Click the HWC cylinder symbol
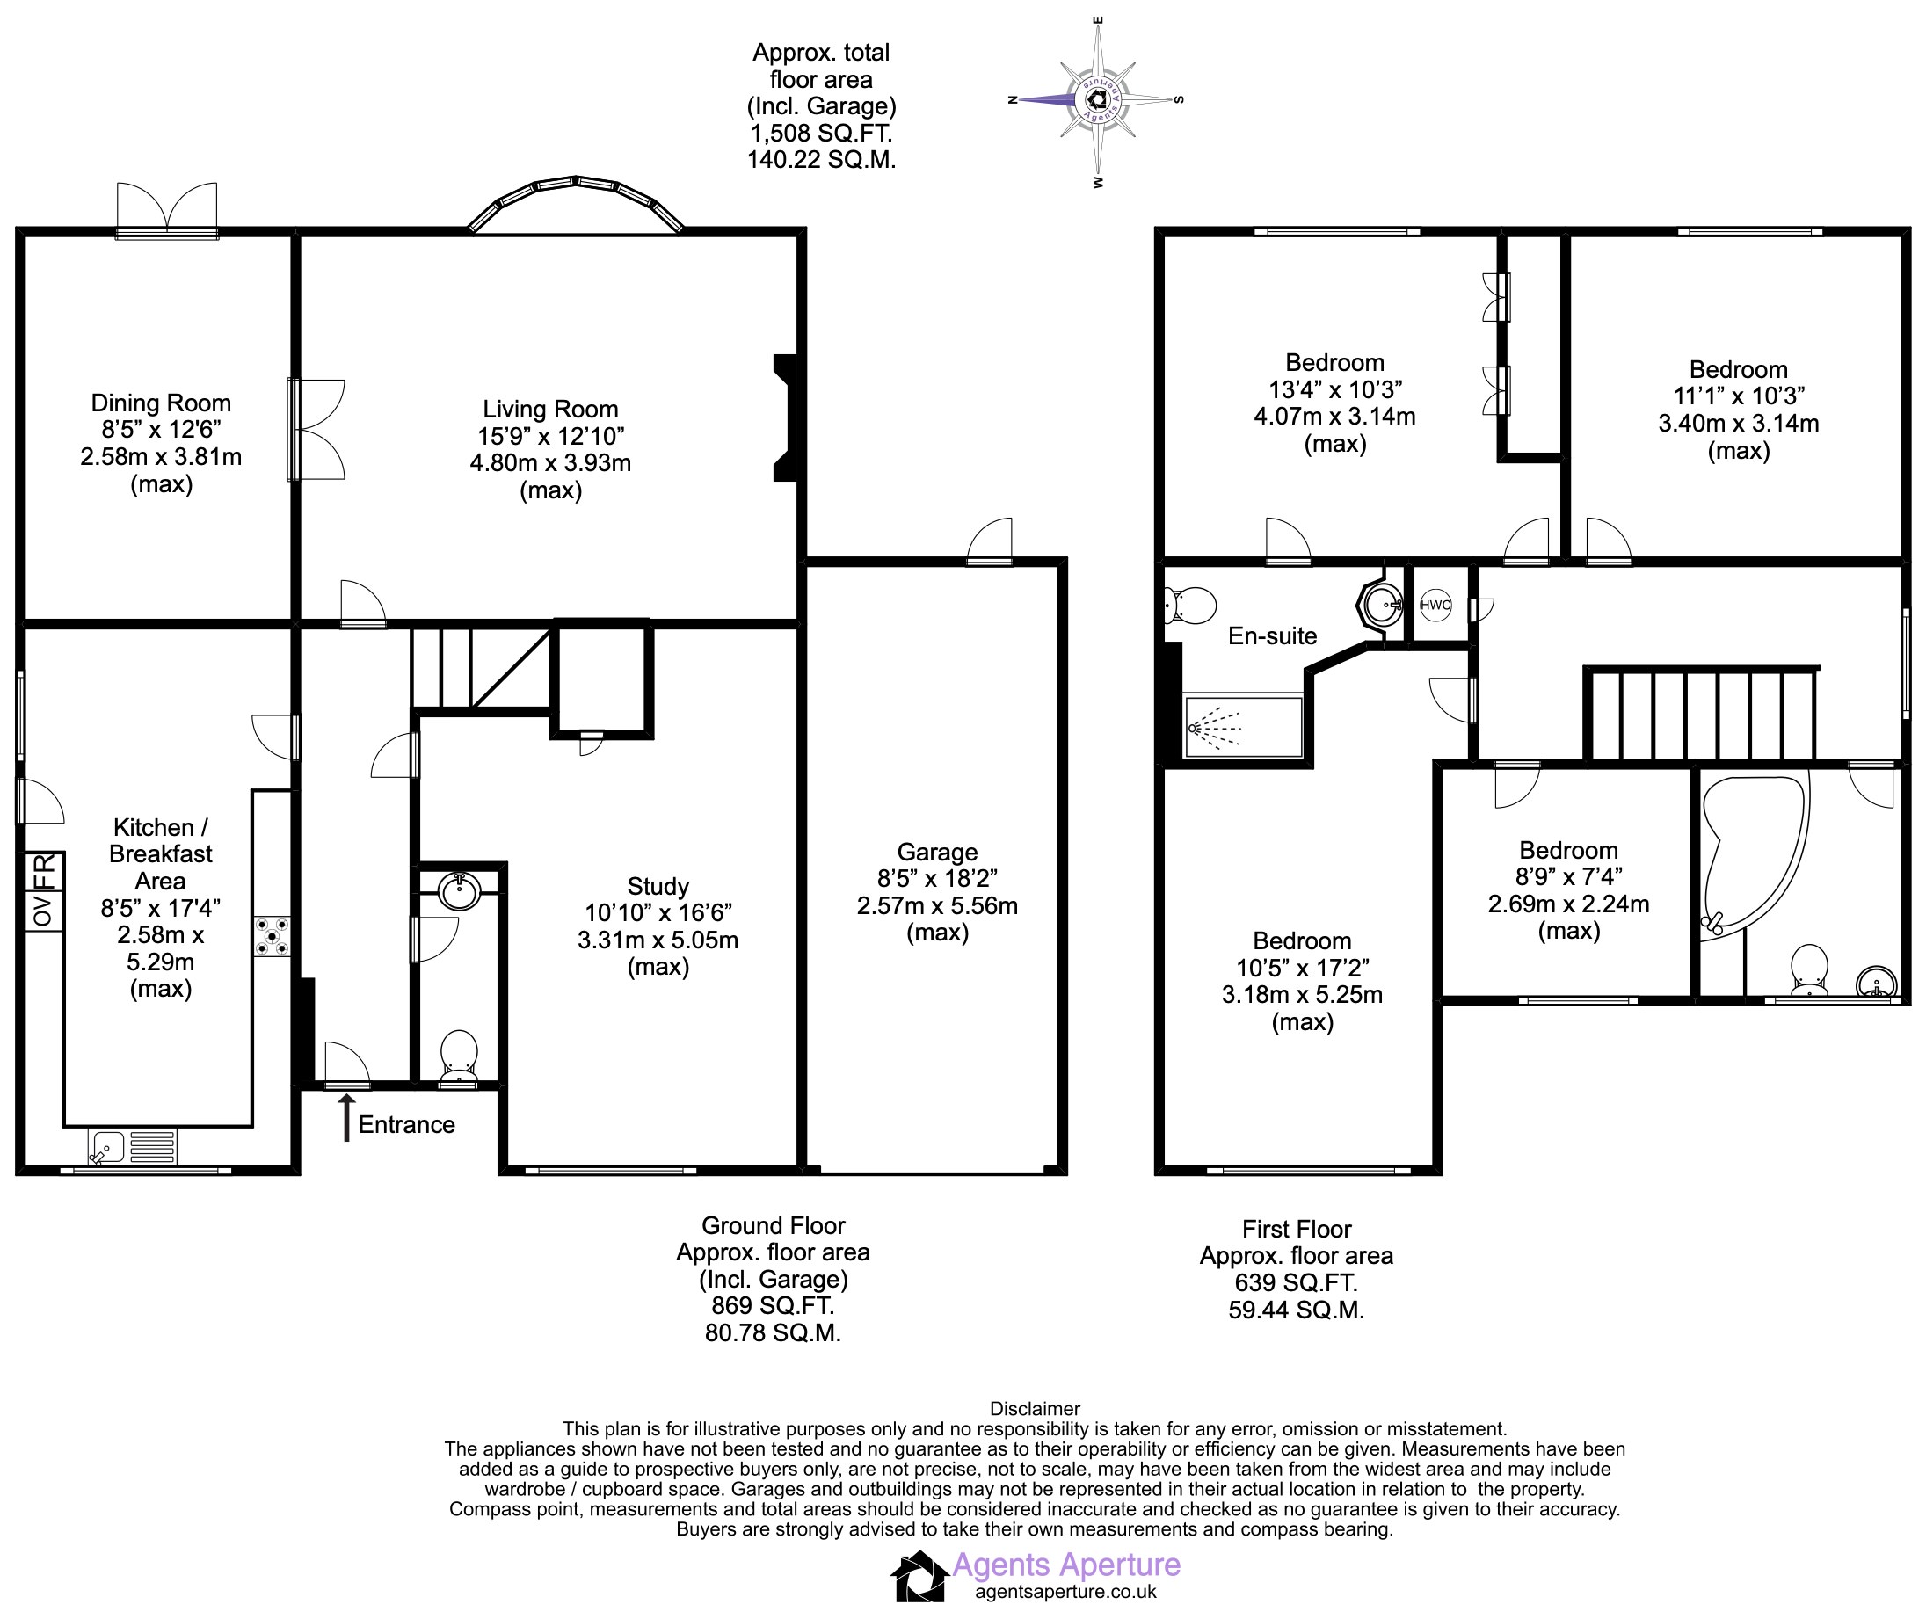pos(1435,605)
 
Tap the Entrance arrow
pos(346,1118)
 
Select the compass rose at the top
pos(1097,100)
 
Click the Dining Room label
pos(161,403)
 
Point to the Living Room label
pos(551,410)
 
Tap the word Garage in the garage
pos(937,853)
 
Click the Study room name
pos(658,887)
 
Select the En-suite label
pos(1272,636)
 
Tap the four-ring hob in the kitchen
pos(272,935)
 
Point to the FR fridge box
pos(45,871)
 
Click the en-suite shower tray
pos(1244,727)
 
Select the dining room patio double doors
pos(167,210)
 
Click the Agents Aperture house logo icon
pos(918,1577)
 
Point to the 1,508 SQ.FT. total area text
pos(821,134)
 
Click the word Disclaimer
pos(1035,1409)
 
